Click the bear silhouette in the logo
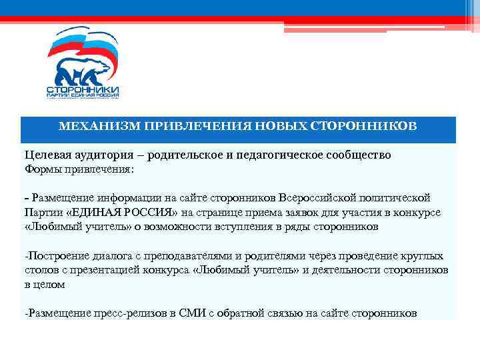point(83,70)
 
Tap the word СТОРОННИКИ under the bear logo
point(83,89)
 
